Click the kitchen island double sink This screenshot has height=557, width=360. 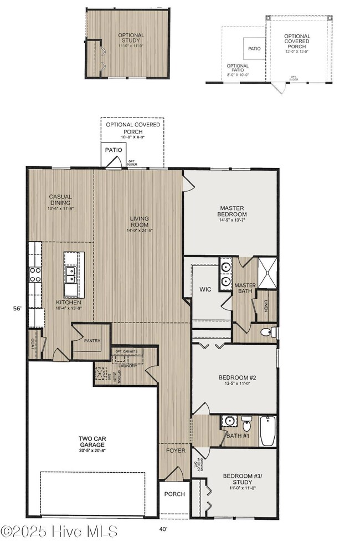71,274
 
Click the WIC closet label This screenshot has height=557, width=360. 205,289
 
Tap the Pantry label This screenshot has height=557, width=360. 92,341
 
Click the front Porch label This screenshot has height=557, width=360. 174,494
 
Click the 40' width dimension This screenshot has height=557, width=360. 163,529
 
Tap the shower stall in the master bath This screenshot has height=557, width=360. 267,273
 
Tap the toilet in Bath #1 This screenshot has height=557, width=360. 247,426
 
